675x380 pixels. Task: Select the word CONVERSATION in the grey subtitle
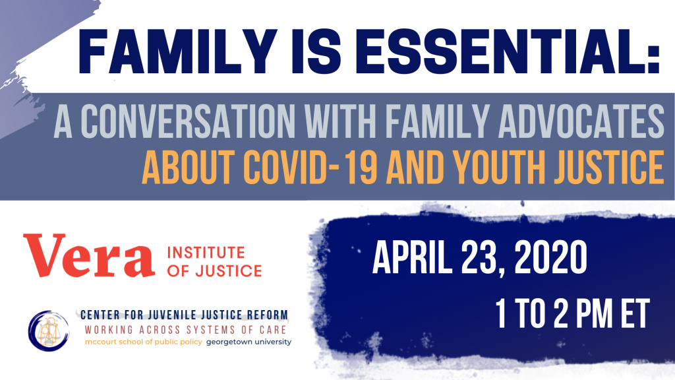point(188,121)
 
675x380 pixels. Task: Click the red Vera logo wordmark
point(89,255)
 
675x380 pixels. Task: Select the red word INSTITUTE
point(206,253)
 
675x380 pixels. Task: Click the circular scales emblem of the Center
point(49,331)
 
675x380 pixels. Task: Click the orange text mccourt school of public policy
point(143,342)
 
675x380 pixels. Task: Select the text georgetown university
point(249,342)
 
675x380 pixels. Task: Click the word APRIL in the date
point(412,257)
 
